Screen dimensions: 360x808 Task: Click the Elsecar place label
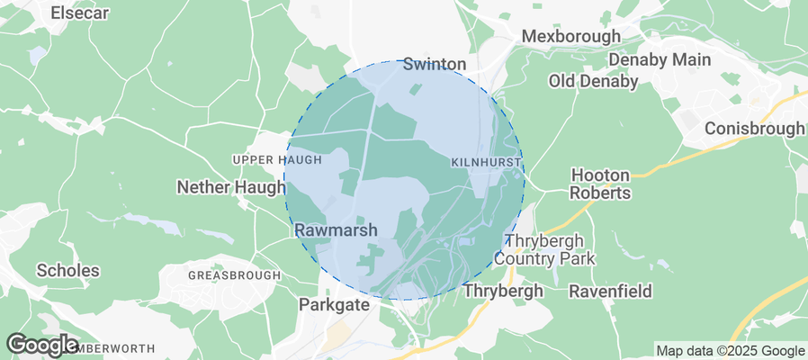coord(82,13)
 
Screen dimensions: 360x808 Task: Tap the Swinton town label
coord(435,64)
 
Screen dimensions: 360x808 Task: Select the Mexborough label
coord(571,37)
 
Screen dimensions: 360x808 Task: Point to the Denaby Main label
coord(660,60)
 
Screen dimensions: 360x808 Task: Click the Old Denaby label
coord(593,82)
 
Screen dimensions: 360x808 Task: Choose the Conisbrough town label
coord(754,129)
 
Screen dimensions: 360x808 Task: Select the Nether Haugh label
coord(230,187)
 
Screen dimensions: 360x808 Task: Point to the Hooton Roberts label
coord(601,184)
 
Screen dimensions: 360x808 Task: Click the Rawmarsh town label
coord(336,230)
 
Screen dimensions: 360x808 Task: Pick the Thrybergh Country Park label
coord(550,250)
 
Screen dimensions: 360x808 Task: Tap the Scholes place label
coord(67,270)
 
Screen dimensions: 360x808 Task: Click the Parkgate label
coord(334,305)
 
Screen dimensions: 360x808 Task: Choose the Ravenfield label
coord(610,292)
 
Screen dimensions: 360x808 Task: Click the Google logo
coord(41,344)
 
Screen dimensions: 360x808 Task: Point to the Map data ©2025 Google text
coord(730,351)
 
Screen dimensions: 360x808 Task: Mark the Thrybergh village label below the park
coord(503,292)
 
